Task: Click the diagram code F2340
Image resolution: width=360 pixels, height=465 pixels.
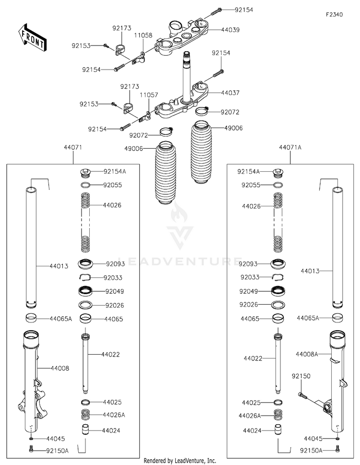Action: [334, 14]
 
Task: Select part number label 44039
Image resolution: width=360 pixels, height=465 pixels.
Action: [230, 30]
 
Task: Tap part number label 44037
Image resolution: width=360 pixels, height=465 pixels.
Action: [230, 93]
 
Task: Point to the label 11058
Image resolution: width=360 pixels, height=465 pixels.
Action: [143, 36]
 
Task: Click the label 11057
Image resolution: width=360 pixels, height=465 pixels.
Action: [149, 95]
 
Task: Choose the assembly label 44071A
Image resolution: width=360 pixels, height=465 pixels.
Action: [290, 147]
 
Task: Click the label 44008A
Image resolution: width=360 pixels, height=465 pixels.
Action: [307, 354]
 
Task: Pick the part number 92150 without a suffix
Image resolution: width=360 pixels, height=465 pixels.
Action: [301, 376]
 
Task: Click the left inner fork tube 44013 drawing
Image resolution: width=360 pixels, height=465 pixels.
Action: [31, 248]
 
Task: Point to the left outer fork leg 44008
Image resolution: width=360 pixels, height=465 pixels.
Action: [33, 383]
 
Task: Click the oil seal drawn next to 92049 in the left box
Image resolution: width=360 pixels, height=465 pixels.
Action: [86, 291]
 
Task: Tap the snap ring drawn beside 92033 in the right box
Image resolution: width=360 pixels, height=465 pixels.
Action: [278, 277]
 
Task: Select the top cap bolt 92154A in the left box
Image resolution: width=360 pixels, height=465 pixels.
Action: [86, 173]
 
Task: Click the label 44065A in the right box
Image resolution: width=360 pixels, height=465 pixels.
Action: [308, 318]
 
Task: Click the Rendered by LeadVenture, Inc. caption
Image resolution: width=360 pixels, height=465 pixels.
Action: [180, 461]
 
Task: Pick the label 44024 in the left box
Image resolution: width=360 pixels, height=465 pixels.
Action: [111, 430]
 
